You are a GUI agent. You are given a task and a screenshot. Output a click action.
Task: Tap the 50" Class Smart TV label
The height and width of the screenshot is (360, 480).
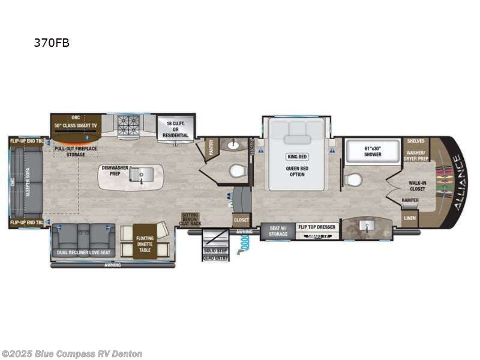pos(76,125)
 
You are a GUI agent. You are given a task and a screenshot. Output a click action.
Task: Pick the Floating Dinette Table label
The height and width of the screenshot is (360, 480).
pos(144,241)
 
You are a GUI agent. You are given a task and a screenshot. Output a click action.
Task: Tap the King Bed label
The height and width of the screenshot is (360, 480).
pos(296,157)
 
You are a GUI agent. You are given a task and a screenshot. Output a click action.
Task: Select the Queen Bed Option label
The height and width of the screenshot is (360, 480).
pos(296,173)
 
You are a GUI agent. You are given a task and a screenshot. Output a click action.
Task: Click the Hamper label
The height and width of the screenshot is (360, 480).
pos(410,200)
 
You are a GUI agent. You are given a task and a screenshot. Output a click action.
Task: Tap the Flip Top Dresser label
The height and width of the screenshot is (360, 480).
pos(316,227)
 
